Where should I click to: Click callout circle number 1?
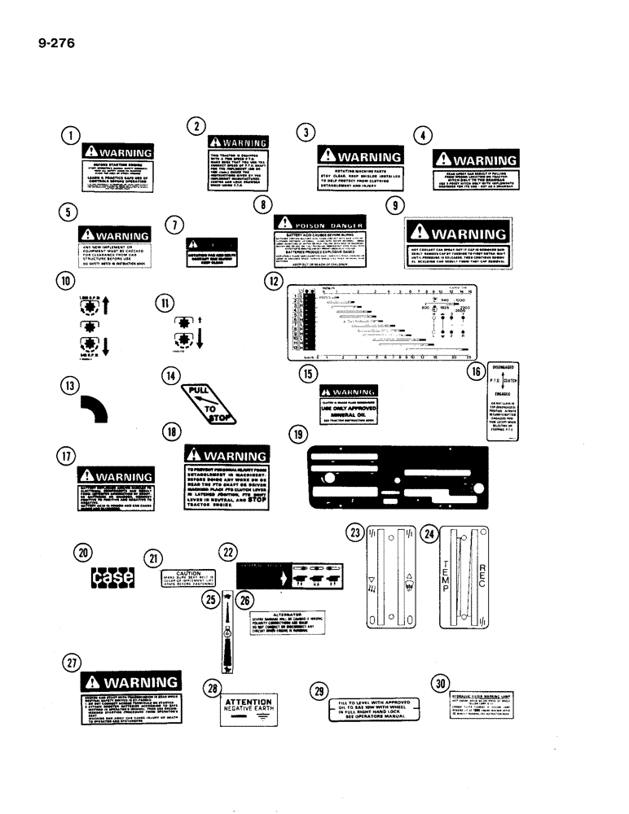(x=72, y=137)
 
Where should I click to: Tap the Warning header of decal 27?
(x=135, y=681)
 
